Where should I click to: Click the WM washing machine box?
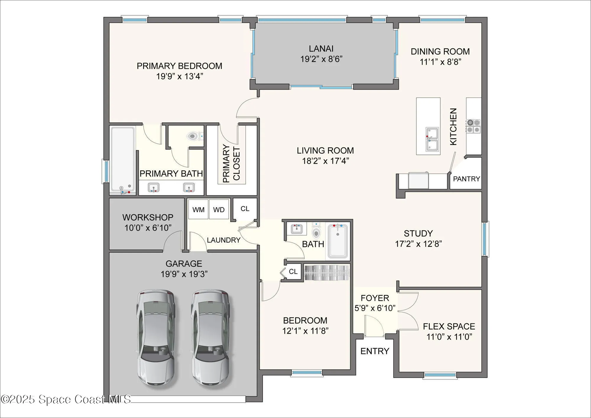pyautogui.click(x=198, y=209)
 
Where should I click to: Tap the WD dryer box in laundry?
pyautogui.click(x=219, y=209)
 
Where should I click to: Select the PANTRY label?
pyautogui.click(x=466, y=179)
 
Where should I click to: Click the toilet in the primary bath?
pyautogui.click(x=192, y=136)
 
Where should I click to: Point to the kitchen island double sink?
pyautogui.click(x=432, y=139)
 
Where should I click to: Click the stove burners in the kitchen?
pyautogui.click(x=473, y=126)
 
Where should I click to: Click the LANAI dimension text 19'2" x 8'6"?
pyautogui.click(x=321, y=59)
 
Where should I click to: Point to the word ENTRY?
pyautogui.click(x=375, y=351)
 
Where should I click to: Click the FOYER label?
pyautogui.click(x=375, y=298)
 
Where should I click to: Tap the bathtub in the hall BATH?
pyautogui.click(x=338, y=241)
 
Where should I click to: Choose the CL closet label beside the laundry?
pyautogui.click(x=245, y=209)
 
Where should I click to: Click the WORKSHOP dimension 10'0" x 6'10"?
pyautogui.click(x=148, y=228)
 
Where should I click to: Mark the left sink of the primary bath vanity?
pyautogui.click(x=154, y=187)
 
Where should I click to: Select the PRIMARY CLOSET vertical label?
pyautogui.click(x=231, y=163)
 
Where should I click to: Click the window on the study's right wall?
pyautogui.click(x=485, y=239)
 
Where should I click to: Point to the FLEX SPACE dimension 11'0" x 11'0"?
pyautogui.click(x=449, y=337)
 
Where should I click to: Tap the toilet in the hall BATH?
pyautogui.click(x=316, y=232)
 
